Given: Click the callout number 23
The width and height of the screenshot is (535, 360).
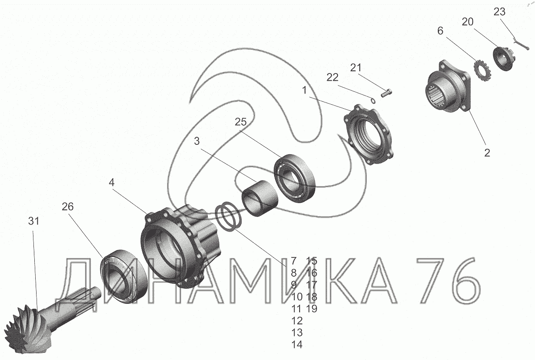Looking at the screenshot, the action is tap(499, 12).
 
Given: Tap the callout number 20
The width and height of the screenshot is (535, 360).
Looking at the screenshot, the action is tap(468, 22).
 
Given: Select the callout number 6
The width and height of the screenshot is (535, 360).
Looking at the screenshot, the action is tap(440, 31).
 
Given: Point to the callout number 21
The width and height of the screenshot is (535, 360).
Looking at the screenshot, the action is tap(356, 68).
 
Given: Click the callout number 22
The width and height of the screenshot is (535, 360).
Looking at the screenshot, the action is tap(333, 78).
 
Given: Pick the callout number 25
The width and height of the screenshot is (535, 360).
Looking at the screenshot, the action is tap(240, 122).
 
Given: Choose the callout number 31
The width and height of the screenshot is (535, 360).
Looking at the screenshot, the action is tap(34, 221).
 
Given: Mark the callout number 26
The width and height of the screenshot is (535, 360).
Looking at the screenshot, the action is tap(68, 207).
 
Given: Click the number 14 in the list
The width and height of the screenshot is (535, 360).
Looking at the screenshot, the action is tap(297, 345).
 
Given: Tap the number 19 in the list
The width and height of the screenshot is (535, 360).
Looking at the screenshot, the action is tap(312, 309).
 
